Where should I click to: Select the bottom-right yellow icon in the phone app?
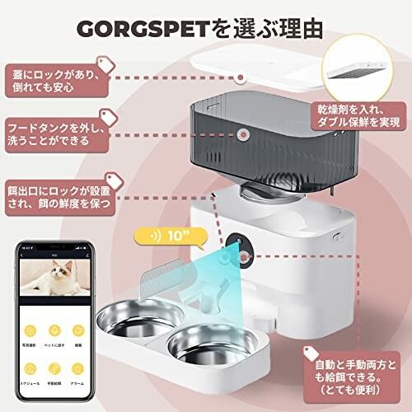[79, 368]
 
